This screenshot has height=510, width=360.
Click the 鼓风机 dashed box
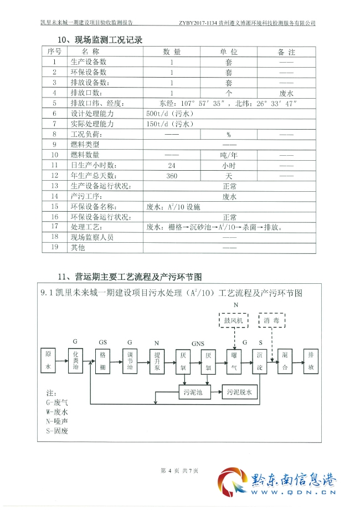coord(233,321)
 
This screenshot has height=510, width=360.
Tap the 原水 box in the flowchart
coord(48,360)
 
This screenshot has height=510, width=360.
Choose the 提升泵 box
coord(157,360)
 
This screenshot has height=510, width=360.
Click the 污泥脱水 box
coord(239,392)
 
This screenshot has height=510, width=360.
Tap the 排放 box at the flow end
coord(311,360)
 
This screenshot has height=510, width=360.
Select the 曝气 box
coord(234,360)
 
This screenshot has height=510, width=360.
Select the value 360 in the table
coord(171,175)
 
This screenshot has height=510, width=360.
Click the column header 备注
coord(286,52)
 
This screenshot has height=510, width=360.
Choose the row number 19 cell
coord(54,247)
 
